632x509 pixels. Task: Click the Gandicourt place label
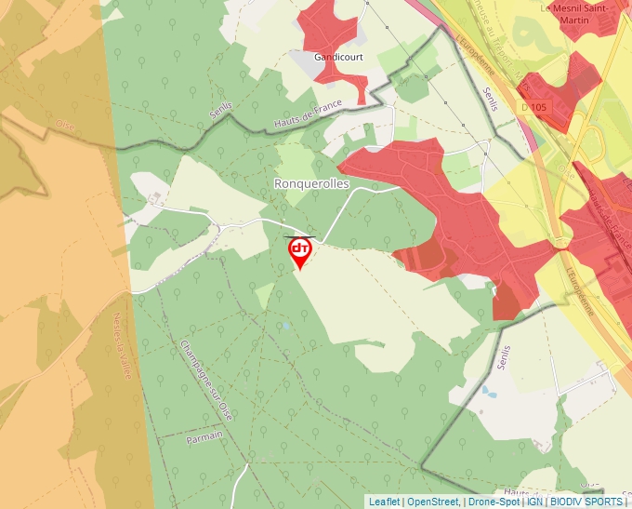point(338,57)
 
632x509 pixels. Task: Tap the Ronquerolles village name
point(311,184)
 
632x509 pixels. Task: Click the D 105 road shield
point(534,107)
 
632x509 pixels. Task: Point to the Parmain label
point(205,435)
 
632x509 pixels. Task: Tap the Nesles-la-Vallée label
point(122,345)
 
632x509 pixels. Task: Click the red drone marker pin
point(299,250)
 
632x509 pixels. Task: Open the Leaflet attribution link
point(384,502)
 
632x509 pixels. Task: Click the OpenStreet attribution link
point(433,502)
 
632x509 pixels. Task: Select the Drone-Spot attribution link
point(494,502)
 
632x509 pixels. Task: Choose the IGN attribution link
point(535,502)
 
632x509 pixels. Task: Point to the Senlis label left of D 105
point(491,99)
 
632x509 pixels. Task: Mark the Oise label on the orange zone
point(64,124)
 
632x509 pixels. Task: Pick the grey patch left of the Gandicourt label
point(305,63)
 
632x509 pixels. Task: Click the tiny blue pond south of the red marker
point(287,326)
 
